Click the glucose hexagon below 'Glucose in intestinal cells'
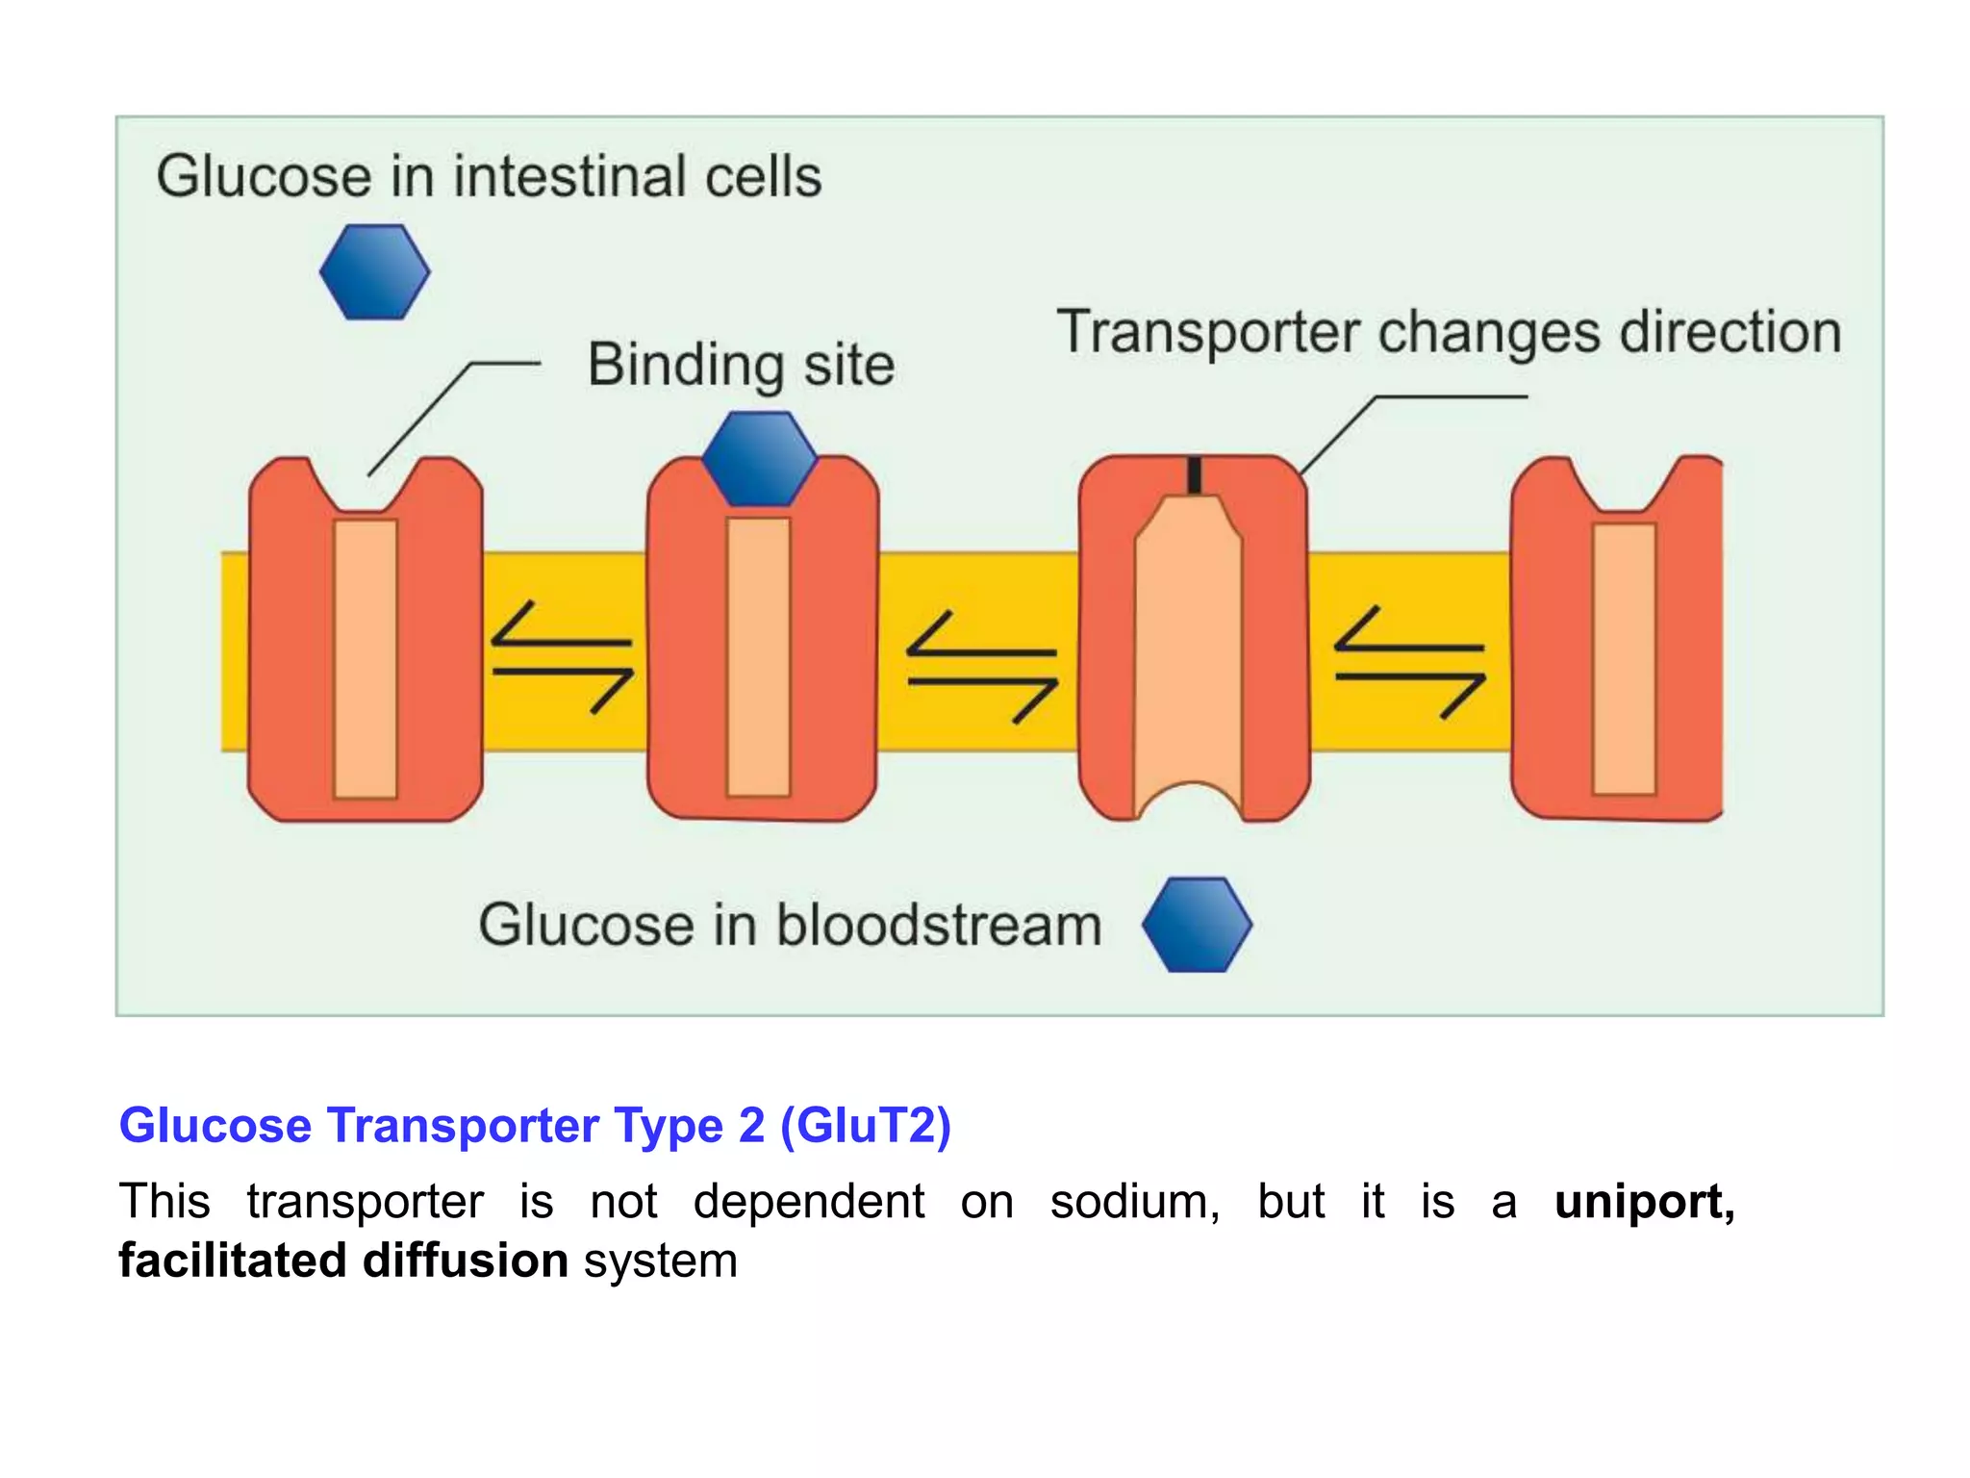point(374,272)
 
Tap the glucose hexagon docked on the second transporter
point(759,459)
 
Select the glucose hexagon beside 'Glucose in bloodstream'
point(1197,925)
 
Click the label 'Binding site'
point(741,366)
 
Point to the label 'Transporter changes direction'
point(1449,333)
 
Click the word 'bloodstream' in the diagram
point(938,926)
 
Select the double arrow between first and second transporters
point(563,658)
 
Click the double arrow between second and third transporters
point(982,667)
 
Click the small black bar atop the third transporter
point(1194,476)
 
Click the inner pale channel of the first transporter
point(366,659)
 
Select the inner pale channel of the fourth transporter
point(1624,659)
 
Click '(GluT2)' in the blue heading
point(866,1125)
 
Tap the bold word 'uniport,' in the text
point(1644,1202)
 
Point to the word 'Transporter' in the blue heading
point(464,1125)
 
